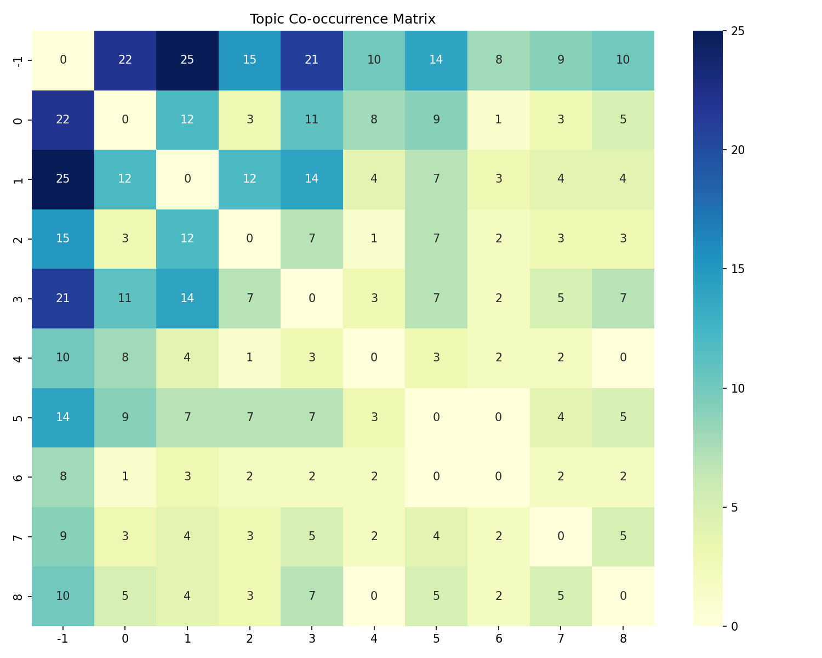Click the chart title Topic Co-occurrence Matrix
click(x=342, y=19)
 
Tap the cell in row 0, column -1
click(x=63, y=120)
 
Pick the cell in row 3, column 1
click(x=187, y=298)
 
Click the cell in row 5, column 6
click(x=498, y=417)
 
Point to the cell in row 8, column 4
click(x=374, y=596)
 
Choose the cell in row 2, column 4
click(x=374, y=239)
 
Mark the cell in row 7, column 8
click(x=623, y=536)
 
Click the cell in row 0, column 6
click(x=498, y=120)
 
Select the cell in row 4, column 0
click(x=125, y=358)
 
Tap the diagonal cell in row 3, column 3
click(x=312, y=298)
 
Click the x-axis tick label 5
click(x=436, y=639)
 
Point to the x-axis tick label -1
click(x=63, y=639)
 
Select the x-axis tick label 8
click(x=623, y=639)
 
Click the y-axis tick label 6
click(x=18, y=477)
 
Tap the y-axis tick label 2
click(x=18, y=239)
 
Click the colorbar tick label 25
click(x=738, y=31)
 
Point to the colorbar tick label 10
click(x=738, y=388)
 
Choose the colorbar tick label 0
click(x=735, y=626)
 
